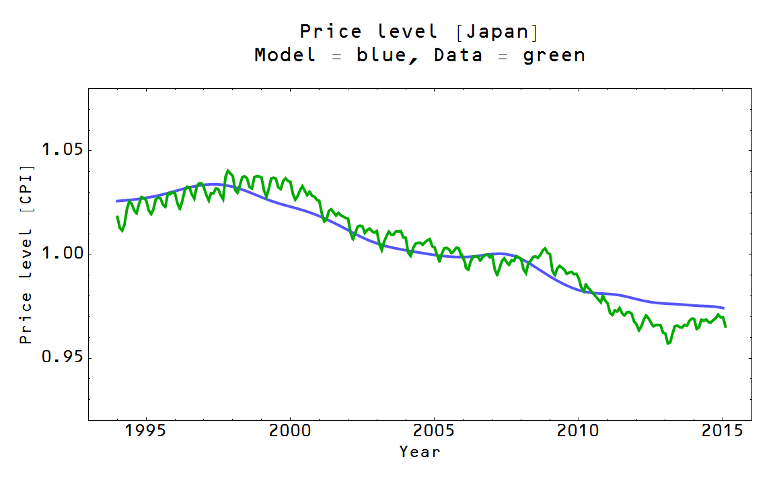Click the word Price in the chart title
pos(331,32)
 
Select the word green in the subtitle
pos(554,55)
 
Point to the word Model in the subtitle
pos(285,55)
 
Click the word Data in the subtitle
pos(458,55)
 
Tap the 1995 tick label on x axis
pos(145,430)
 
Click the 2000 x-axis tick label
pos(290,430)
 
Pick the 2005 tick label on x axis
pos(434,430)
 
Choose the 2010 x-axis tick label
pos(579,430)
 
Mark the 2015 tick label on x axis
pos(723,430)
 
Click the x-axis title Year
pos(419,452)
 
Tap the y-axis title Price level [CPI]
pos(26,254)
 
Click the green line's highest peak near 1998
pos(228,170)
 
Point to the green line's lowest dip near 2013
pos(668,343)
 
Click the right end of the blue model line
pos(723,308)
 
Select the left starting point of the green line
pos(117,217)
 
